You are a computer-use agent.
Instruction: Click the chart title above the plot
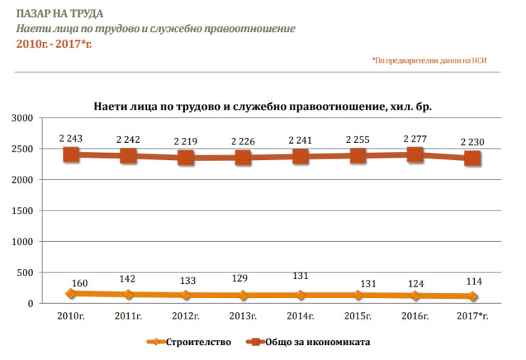pos(263,107)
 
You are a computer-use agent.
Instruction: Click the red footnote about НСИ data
pos(434,61)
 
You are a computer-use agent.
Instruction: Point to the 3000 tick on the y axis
pos(26,118)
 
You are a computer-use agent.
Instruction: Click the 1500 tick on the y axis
pos(26,211)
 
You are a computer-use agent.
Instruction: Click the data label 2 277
pos(415,139)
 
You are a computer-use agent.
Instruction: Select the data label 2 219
pos(186,142)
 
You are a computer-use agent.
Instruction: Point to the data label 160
pos(80,283)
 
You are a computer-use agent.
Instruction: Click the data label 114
pos(472,282)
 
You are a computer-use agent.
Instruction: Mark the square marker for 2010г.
pos(71,154)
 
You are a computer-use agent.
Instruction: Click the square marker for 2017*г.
pos(472,159)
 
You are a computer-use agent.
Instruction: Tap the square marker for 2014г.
pos(301,157)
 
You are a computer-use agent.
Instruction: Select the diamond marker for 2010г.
pos(71,293)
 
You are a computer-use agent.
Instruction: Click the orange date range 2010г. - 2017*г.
pos(54,43)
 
